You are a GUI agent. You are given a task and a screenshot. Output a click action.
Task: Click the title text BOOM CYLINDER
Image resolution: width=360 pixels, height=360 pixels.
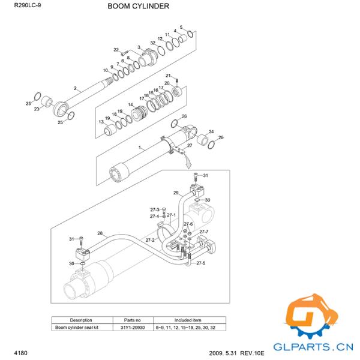[138, 7]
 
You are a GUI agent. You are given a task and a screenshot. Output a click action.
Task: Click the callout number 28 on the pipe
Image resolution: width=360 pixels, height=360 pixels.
[100, 233]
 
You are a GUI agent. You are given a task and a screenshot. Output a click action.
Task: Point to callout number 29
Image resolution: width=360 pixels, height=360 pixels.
[176, 193]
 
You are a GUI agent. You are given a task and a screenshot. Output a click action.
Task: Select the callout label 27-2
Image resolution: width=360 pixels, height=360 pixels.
[149, 240]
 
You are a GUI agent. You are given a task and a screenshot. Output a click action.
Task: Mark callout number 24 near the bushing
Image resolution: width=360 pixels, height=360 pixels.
[211, 131]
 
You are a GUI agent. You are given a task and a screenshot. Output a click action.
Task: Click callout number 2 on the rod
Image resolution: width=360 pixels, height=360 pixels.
[75, 88]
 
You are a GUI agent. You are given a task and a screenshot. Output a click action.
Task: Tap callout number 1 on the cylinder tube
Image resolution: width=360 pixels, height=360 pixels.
[140, 147]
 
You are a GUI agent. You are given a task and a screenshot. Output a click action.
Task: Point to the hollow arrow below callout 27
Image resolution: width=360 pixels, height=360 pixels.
[188, 160]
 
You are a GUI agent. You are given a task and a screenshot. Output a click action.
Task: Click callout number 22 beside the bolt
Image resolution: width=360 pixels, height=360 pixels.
[116, 49]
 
